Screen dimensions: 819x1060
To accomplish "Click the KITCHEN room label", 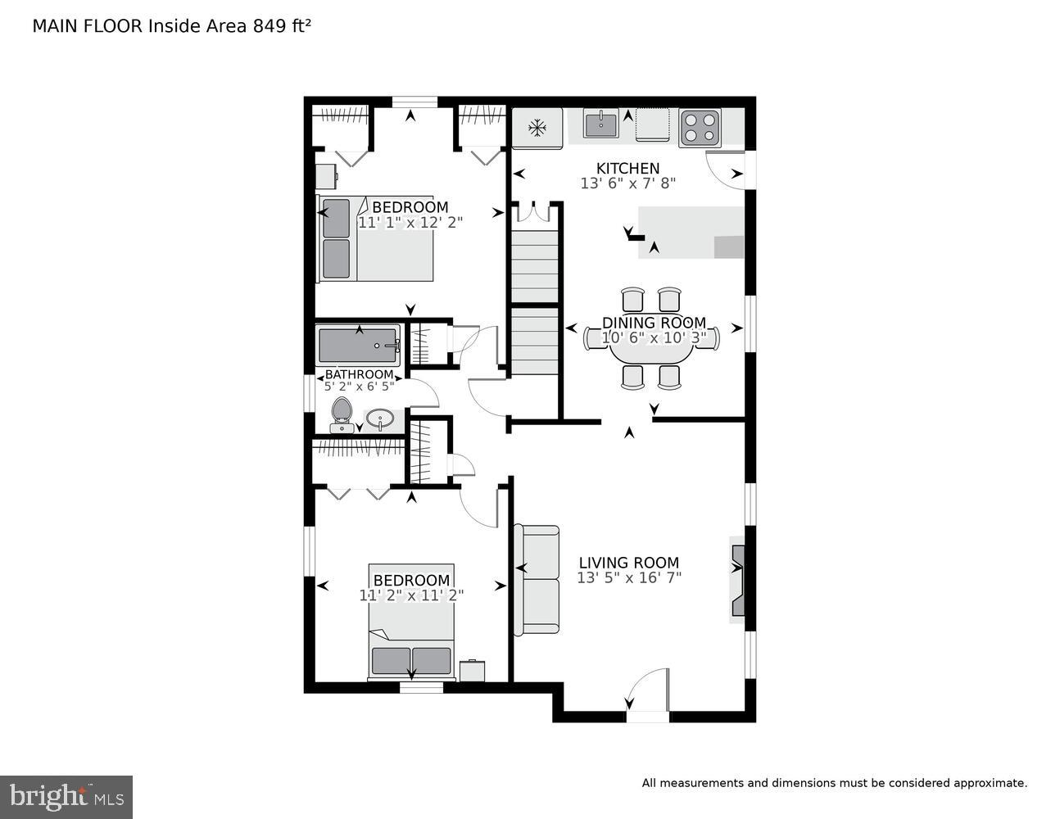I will [x=627, y=169].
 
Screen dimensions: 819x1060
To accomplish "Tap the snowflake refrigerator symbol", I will [x=537, y=128].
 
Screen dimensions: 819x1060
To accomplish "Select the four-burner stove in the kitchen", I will [x=700, y=128].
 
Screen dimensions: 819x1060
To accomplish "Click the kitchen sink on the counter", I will [x=601, y=124].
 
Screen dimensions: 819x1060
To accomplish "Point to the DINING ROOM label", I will [x=654, y=323].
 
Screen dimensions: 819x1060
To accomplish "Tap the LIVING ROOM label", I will [x=628, y=563].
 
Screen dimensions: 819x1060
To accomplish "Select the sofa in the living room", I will [x=537, y=579].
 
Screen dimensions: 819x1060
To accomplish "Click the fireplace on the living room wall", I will [x=737, y=580].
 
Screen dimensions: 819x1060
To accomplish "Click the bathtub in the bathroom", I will [x=358, y=346].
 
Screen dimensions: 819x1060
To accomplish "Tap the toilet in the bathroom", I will [x=341, y=414].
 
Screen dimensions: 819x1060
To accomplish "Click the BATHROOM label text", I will [x=359, y=375].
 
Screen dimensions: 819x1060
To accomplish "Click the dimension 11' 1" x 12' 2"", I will [x=410, y=222].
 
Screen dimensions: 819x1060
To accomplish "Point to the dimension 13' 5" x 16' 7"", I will [x=628, y=578].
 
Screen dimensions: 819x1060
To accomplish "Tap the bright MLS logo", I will [x=66, y=796].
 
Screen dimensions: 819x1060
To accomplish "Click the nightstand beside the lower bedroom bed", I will [x=472, y=671].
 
